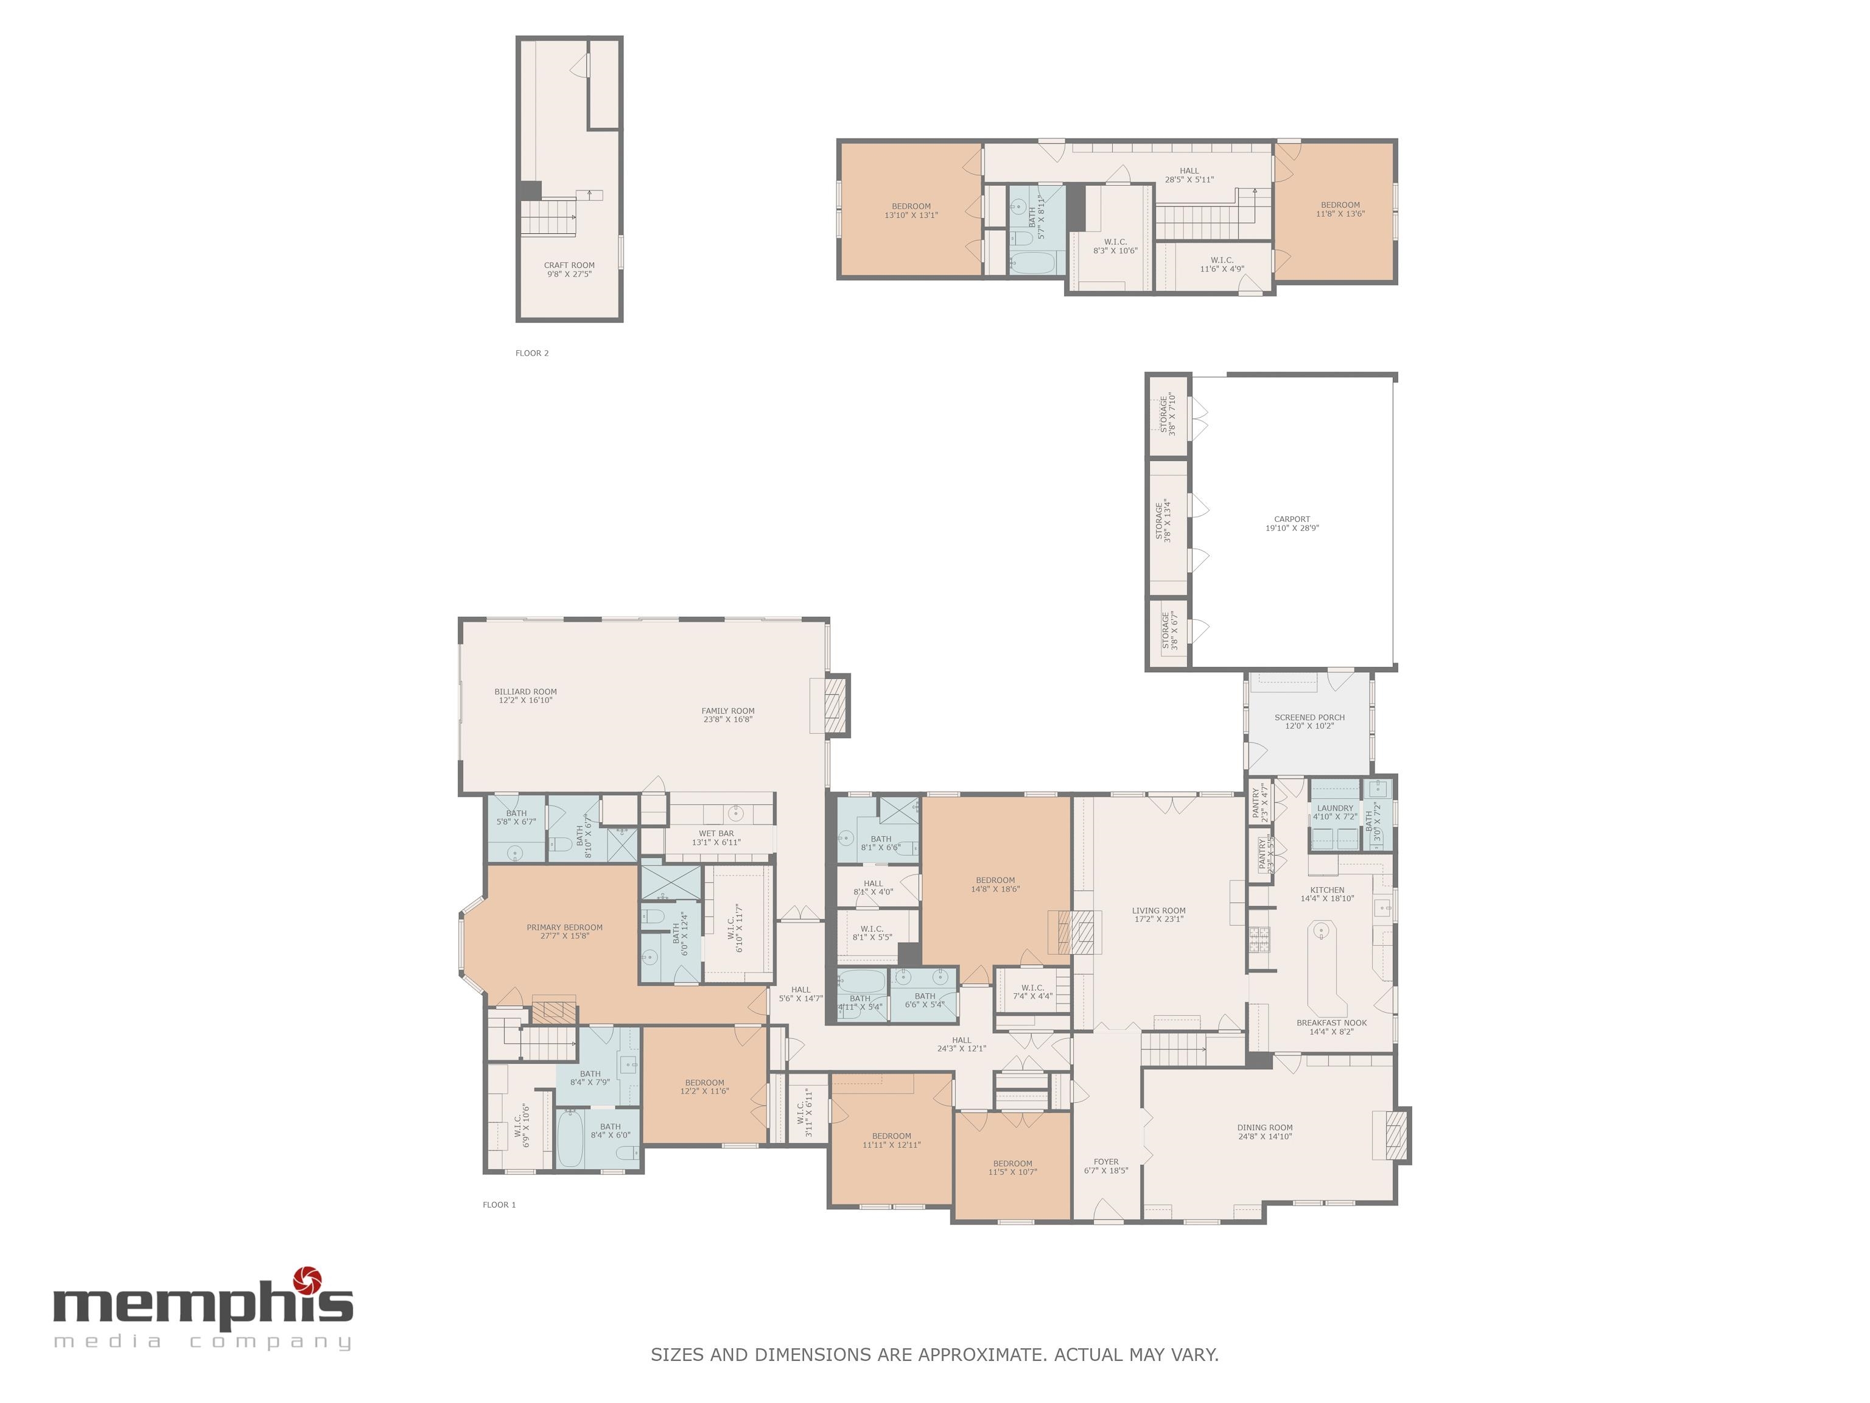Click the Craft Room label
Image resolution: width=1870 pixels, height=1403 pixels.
[569, 265]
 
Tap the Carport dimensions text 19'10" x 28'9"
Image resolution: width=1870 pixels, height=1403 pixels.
[1292, 529]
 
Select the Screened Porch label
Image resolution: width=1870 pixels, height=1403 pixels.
[1309, 717]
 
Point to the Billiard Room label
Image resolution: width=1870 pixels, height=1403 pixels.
[525, 692]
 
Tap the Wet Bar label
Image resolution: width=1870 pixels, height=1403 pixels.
[716, 834]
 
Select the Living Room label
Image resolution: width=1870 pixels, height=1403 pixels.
[1158, 911]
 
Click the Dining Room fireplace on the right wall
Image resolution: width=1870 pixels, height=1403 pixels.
[1398, 1135]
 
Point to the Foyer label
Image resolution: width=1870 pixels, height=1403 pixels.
[1106, 1162]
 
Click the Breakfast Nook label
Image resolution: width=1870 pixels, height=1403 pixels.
[1331, 1023]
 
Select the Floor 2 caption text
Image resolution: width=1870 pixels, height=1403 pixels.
[532, 354]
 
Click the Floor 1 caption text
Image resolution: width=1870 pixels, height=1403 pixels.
[499, 1205]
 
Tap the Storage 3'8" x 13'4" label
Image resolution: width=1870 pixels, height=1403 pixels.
[1163, 520]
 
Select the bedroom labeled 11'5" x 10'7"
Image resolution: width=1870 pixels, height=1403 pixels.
[1012, 1168]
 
